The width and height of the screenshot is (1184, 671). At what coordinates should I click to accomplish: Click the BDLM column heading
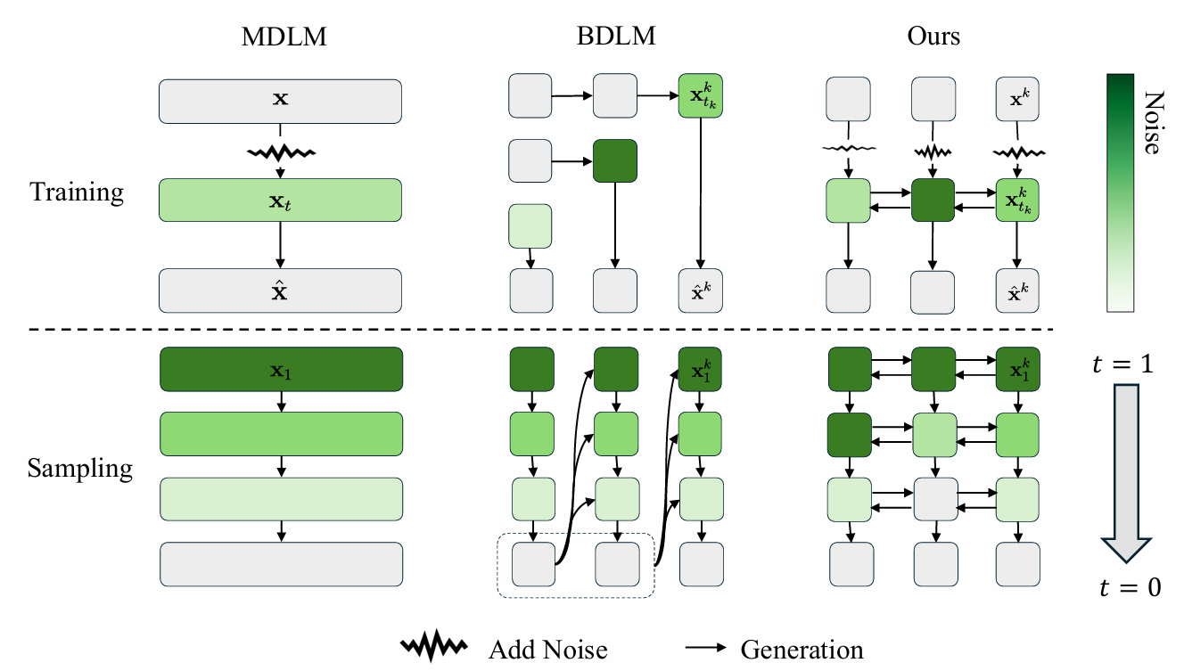click(614, 37)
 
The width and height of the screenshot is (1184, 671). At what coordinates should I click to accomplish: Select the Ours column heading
click(933, 37)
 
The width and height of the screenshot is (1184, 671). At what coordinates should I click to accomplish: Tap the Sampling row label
click(80, 468)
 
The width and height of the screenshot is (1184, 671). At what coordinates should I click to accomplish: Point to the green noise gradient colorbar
click(1120, 192)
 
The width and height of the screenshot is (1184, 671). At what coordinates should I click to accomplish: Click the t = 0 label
click(1128, 587)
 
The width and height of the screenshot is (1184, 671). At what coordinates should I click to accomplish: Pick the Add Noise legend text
click(547, 650)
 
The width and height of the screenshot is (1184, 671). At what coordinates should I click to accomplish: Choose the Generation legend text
click(802, 650)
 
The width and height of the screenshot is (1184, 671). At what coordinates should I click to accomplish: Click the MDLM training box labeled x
click(280, 101)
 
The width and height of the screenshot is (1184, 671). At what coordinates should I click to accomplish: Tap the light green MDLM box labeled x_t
click(280, 200)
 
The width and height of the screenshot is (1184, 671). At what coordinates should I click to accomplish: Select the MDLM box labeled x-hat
click(280, 290)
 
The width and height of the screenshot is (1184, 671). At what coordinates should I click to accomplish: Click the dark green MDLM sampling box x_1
click(280, 369)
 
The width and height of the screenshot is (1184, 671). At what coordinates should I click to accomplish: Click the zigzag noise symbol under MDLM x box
click(281, 152)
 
